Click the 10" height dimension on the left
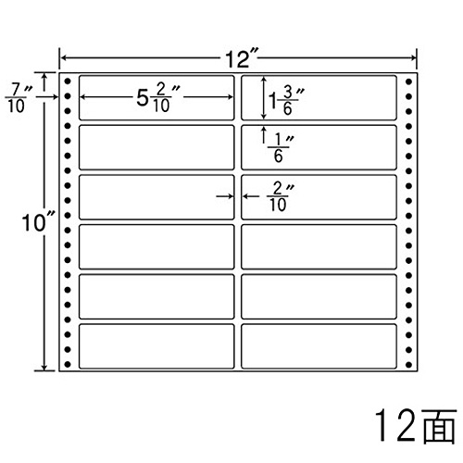point(38,222)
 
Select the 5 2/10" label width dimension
point(158,97)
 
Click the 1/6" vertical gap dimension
point(281,148)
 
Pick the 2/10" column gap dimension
point(281,196)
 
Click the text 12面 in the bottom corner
point(415,426)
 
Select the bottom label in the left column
point(156,346)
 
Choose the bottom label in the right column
point(319,346)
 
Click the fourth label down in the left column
point(156,246)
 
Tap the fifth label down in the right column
point(319,296)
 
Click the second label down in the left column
point(156,147)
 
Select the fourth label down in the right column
point(319,246)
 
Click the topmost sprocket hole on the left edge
point(68,81)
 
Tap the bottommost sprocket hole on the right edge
point(408,365)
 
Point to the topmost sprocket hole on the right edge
point(408,81)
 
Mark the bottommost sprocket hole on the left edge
point(68,365)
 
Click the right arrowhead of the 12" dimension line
point(414,57)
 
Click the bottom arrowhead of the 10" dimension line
point(44,367)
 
